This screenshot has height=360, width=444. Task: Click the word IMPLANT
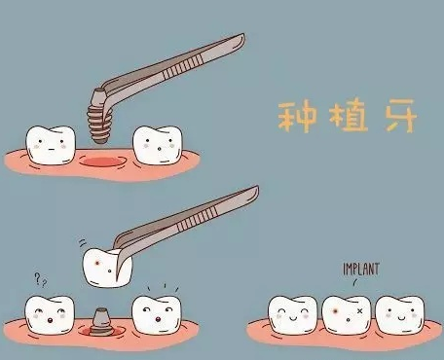pyautogui.click(x=361, y=270)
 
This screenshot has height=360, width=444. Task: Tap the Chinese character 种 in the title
pyautogui.click(x=297, y=118)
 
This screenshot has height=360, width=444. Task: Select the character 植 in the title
pyautogui.click(x=349, y=116)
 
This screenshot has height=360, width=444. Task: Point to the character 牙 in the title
pyautogui.click(x=401, y=116)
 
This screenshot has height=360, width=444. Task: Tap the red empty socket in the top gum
pyautogui.click(x=103, y=162)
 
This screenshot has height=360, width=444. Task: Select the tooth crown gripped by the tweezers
pyautogui.click(x=107, y=268)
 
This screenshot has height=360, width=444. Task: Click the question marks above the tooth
pyautogui.click(x=41, y=279)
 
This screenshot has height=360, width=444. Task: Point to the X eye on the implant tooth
pyautogui.click(x=359, y=311)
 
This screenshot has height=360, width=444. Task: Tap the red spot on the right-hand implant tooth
pyautogui.click(x=335, y=311)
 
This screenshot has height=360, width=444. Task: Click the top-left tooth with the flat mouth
pyautogui.click(x=51, y=145)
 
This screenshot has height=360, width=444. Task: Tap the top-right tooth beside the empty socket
pyautogui.click(x=158, y=145)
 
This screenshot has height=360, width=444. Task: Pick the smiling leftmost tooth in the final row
pyautogui.click(x=293, y=314)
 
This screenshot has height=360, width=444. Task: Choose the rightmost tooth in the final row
pyautogui.click(x=400, y=314)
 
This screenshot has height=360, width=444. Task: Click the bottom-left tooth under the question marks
pyautogui.click(x=50, y=315)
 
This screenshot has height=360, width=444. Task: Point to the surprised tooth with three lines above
pyautogui.click(x=157, y=314)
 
